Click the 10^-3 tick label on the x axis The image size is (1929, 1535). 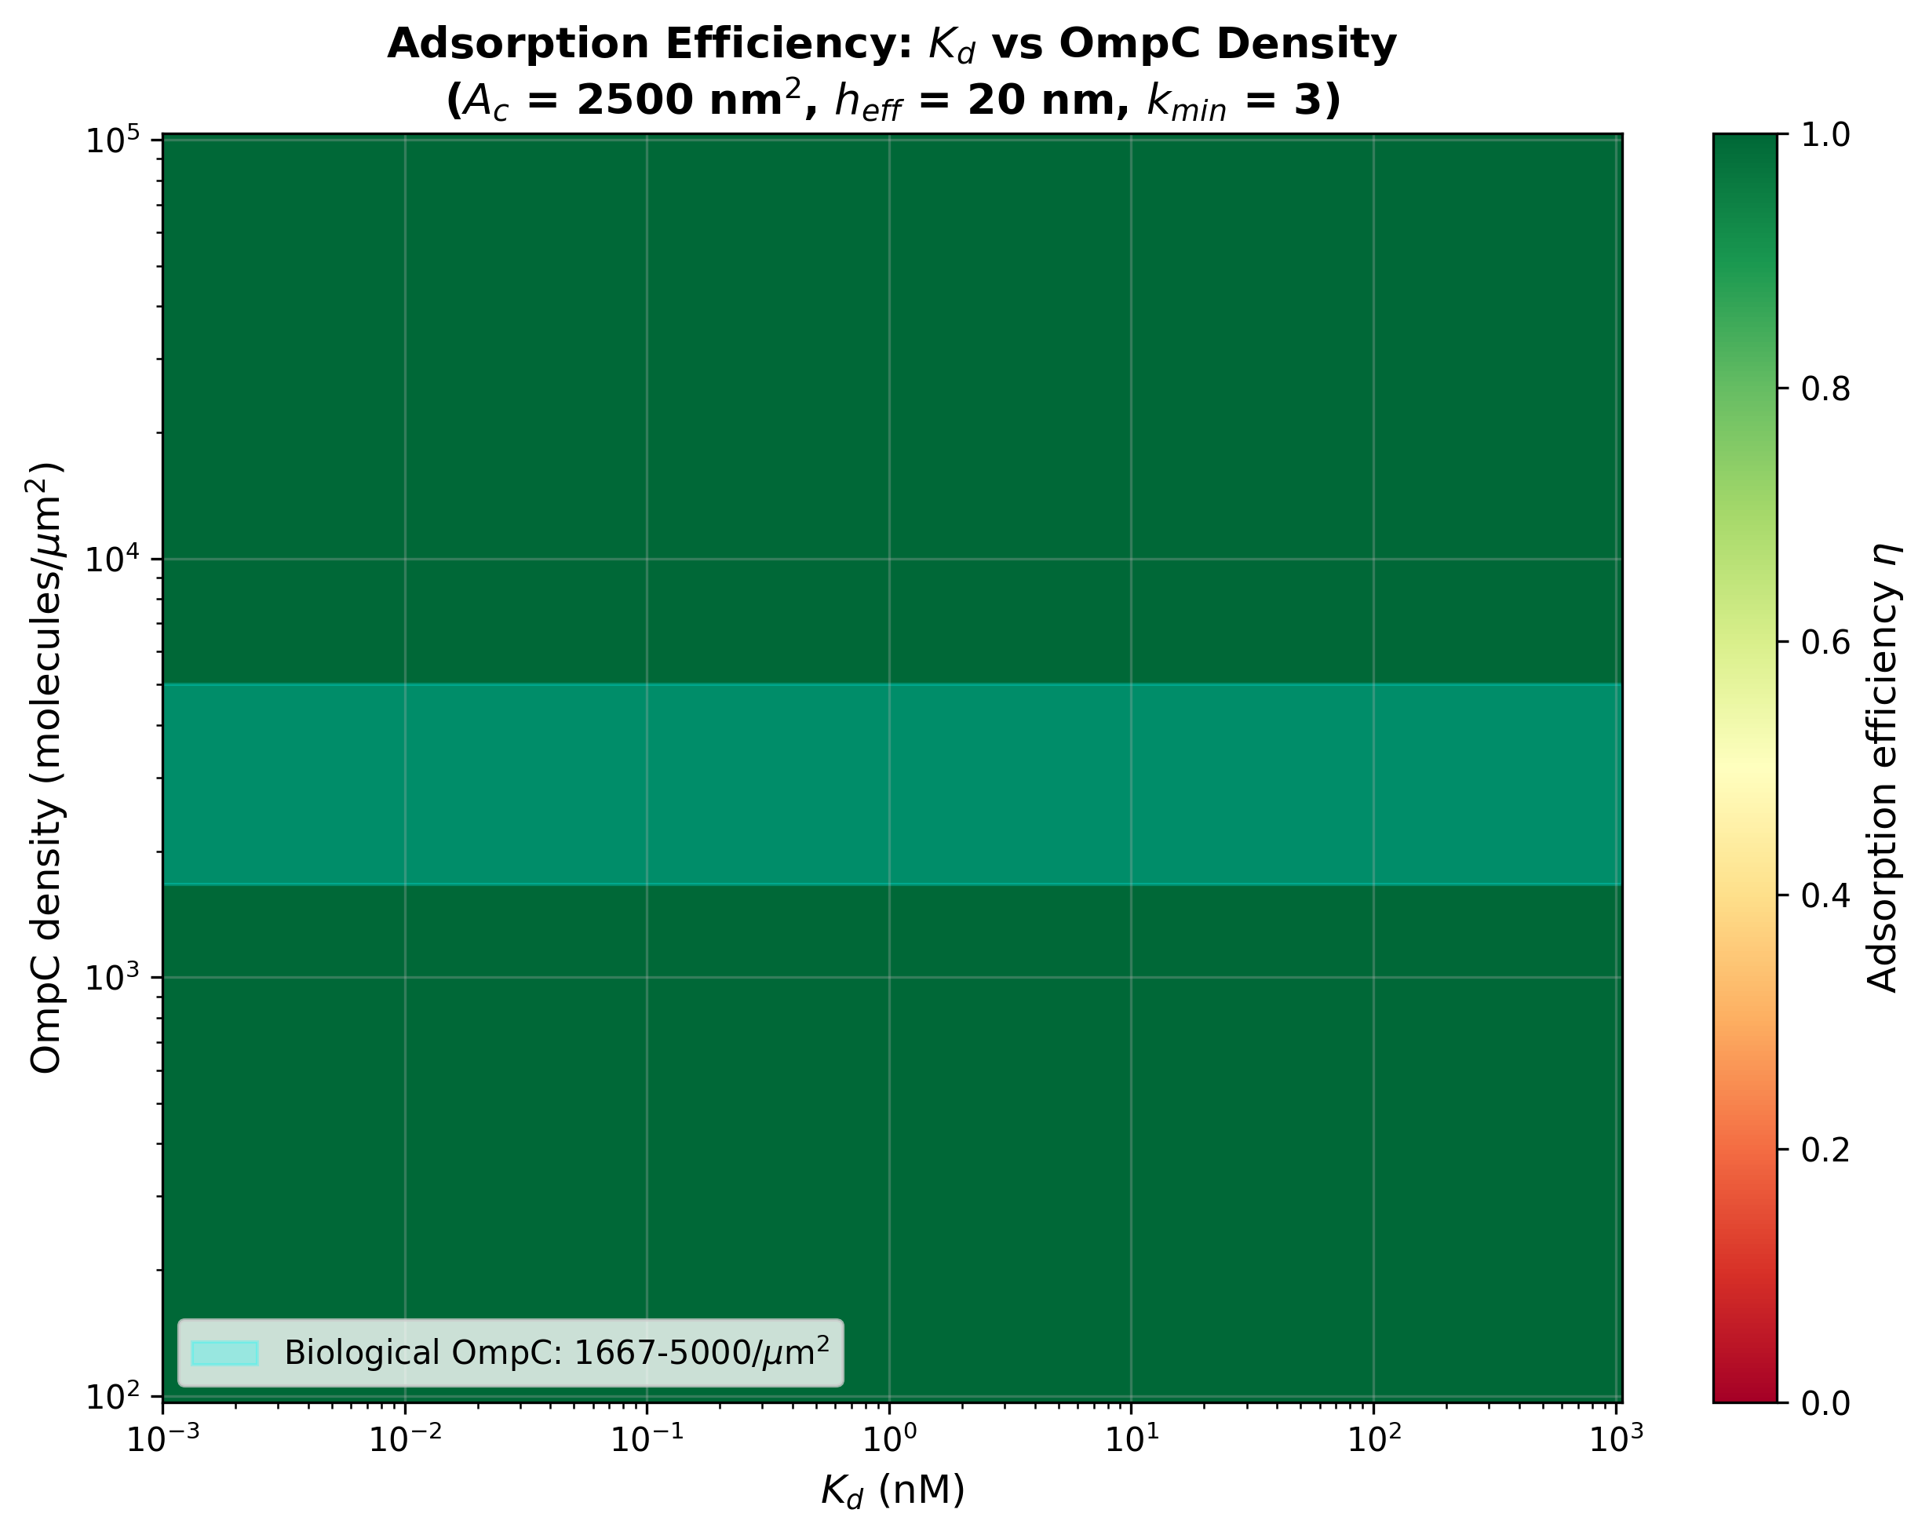click(162, 1439)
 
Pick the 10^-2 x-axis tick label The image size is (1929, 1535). click(404, 1439)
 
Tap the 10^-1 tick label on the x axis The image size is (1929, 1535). click(646, 1439)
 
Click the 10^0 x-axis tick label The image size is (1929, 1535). click(889, 1439)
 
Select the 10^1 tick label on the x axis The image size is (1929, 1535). click(1131, 1439)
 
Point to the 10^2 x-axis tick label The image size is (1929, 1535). click(1373, 1439)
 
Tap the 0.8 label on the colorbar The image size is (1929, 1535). click(1825, 389)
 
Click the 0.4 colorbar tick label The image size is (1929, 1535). click(1825, 895)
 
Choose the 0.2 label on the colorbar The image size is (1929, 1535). click(1825, 1150)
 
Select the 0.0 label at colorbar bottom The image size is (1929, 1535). click(1825, 1402)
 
